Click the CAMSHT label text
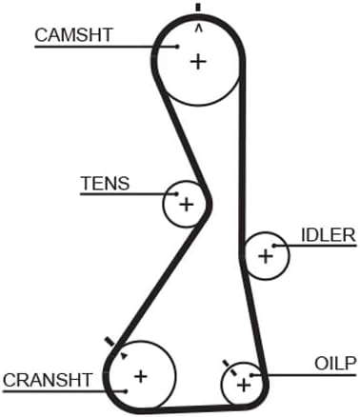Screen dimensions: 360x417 73,35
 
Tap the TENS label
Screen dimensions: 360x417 105,183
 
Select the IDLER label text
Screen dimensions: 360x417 328,235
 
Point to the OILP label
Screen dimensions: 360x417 335,364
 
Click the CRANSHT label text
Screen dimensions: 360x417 48,380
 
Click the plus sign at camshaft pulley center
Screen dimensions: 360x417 198,62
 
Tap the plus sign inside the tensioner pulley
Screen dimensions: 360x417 187,204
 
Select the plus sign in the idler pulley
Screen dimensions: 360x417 266,256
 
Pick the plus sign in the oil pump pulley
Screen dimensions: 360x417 244,386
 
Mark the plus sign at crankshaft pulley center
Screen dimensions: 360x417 141,376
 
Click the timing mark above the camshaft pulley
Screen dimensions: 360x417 198,8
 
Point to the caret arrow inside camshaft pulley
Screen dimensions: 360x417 199,29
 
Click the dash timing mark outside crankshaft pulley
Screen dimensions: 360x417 110,342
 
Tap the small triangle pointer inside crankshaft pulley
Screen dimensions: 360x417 124,356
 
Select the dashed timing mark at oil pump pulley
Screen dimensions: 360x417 230,367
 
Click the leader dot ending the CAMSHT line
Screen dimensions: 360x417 178,47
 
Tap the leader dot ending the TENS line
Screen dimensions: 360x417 176,193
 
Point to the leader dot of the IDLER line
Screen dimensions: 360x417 274,246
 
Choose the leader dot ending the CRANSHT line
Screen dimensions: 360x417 126,391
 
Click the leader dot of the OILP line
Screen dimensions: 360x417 251,375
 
